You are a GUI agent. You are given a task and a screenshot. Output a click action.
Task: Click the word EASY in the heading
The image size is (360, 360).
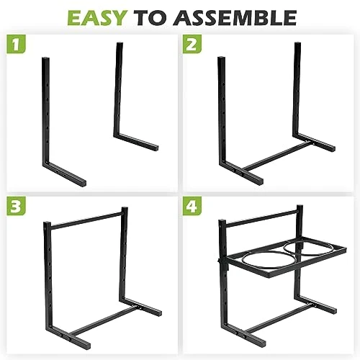(96, 18)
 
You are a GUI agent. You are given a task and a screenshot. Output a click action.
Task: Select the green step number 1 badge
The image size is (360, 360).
(16, 44)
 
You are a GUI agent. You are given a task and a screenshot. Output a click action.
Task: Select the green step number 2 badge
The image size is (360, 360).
(192, 44)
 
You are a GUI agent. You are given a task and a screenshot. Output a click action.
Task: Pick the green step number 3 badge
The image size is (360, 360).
(16, 206)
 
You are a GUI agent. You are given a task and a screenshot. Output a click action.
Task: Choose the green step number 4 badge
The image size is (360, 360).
(192, 206)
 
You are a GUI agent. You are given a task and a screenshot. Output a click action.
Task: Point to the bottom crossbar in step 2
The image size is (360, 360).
(276, 156)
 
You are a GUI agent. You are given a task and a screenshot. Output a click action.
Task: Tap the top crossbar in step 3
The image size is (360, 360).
(86, 219)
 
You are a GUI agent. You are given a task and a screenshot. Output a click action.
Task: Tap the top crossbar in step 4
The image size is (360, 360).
(261, 219)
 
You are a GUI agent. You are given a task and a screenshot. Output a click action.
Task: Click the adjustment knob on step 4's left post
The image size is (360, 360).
(219, 261)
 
